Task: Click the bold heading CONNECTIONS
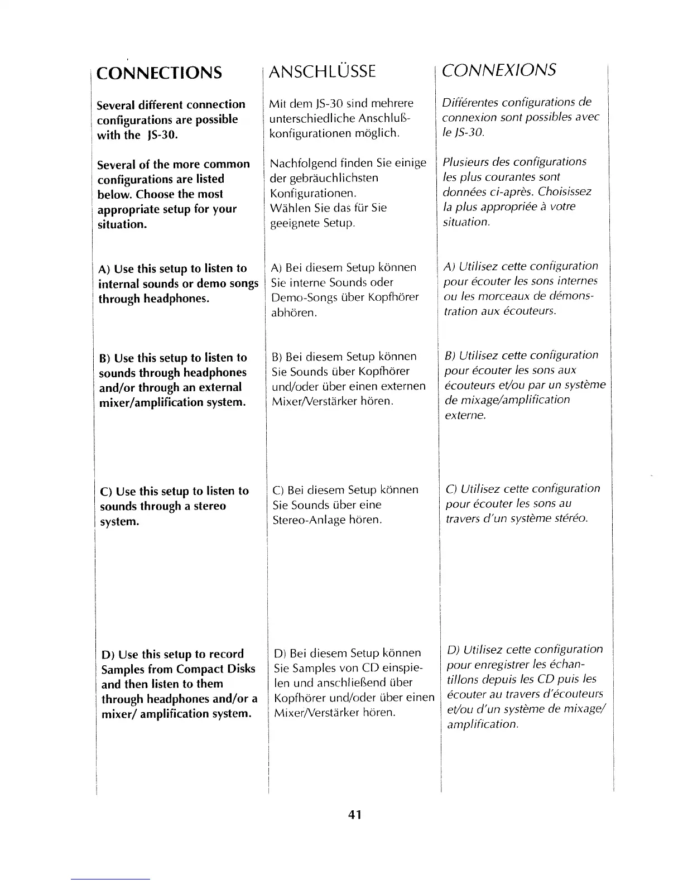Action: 159,73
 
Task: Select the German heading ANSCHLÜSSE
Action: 322,71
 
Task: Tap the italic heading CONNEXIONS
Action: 498,70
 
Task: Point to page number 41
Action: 355,815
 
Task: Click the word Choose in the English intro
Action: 156,194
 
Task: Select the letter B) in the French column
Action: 450,355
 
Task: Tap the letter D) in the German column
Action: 280,653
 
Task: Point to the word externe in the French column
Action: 465,416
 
